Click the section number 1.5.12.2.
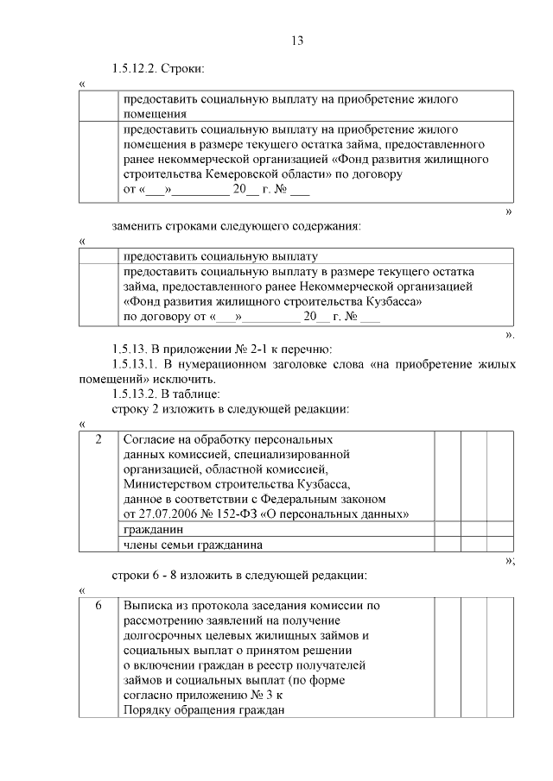[142, 68]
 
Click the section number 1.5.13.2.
[142, 394]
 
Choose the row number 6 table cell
[99, 606]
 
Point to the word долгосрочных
[163, 636]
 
